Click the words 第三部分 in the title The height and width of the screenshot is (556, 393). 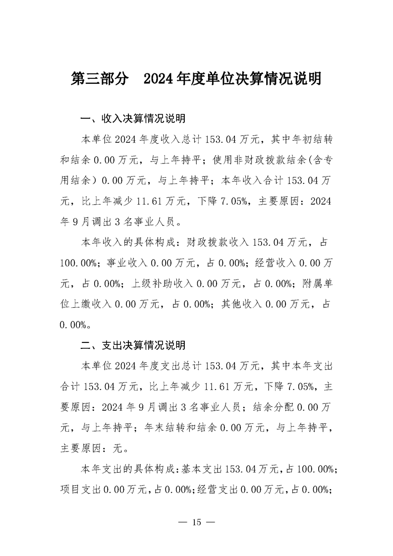[100, 79]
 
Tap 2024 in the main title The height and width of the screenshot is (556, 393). [158, 79]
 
